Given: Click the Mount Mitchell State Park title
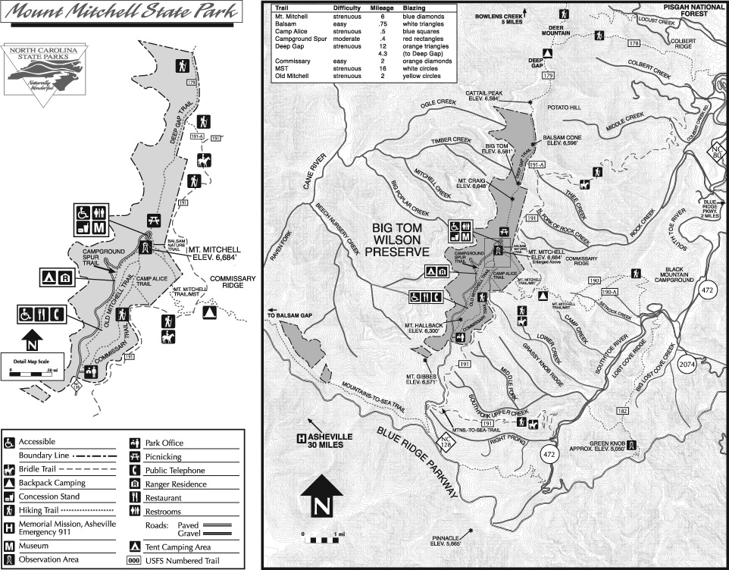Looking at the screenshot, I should (x=122, y=12).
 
